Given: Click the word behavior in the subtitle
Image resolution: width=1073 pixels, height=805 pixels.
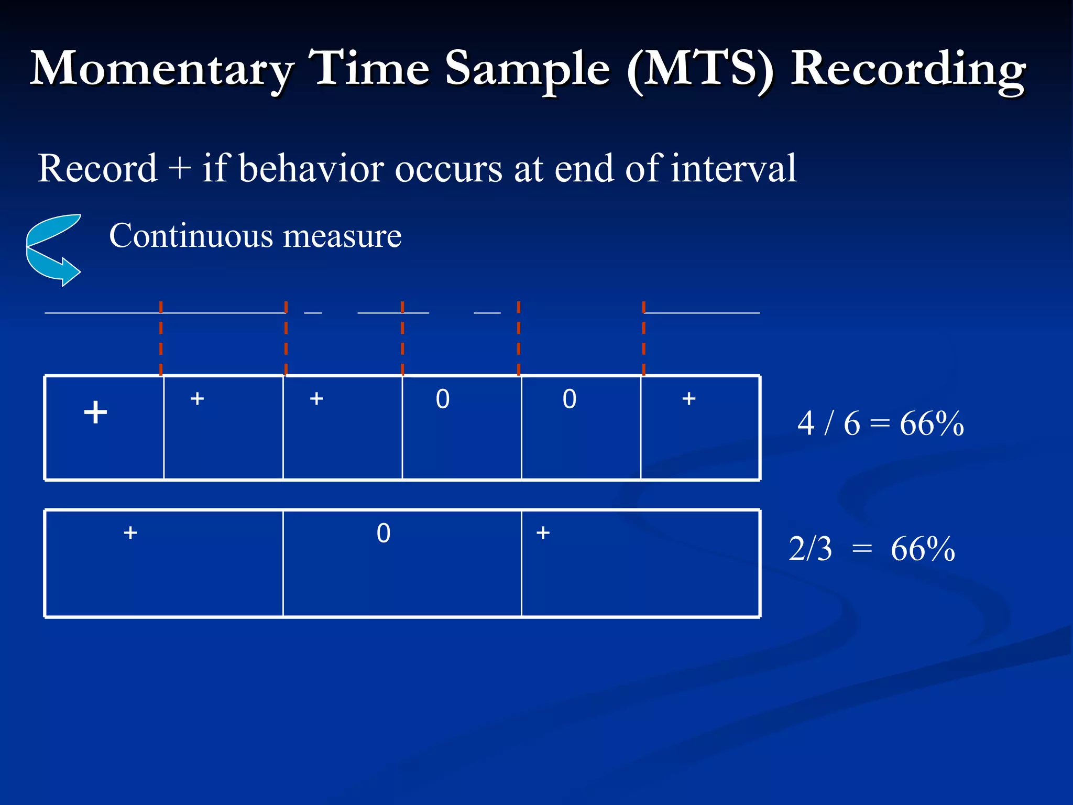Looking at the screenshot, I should [x=311, y=169].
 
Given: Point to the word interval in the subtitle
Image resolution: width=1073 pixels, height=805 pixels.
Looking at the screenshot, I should [x=733, y=169].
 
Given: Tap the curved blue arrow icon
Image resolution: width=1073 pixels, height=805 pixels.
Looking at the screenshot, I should [x=53, y=249].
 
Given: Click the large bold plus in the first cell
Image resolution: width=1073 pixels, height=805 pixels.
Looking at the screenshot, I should [x=95, y=412].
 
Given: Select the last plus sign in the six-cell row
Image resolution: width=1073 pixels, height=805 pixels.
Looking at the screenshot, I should [x=688, y=399].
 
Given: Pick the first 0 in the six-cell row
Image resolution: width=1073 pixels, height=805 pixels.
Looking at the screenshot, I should [x=443, y=399].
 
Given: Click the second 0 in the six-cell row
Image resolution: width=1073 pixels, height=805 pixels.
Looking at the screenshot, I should [x=570, y=399].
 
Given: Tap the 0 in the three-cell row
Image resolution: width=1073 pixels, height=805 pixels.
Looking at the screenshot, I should [x=384, y=534].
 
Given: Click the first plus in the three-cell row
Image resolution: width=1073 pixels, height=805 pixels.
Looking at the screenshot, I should [x=130, y=533].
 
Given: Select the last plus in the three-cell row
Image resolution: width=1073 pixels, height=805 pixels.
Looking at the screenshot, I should [x=543, y=533].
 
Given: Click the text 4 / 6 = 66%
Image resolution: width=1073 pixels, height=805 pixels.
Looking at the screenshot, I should [x=880, y=423].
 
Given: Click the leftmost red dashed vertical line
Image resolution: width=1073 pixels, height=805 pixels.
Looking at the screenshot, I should [x=161, y=338].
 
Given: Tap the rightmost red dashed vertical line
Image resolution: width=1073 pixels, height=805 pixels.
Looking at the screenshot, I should [x=643, y=338].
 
